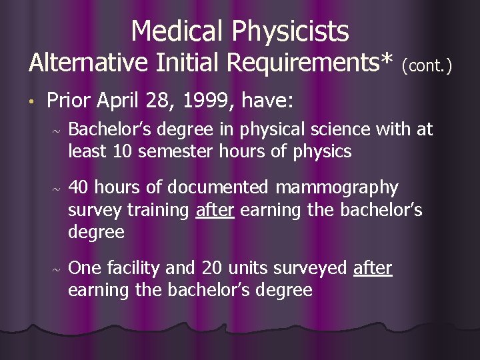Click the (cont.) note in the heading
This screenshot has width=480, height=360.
tap(427, 66)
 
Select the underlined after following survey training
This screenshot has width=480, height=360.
tap(215, 210)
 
